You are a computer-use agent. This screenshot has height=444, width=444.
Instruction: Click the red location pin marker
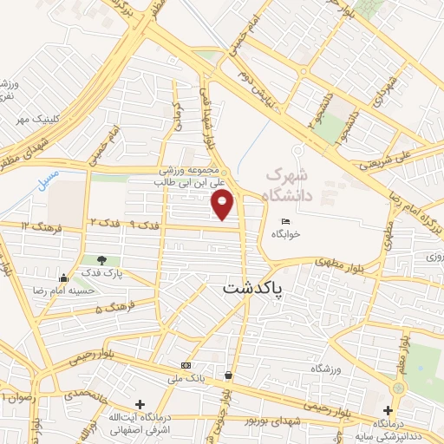[x=224, y=205]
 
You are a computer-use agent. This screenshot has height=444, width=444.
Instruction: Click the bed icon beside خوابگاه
[x=286, y=221]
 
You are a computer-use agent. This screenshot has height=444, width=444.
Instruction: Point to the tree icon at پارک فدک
[x=103, y=259]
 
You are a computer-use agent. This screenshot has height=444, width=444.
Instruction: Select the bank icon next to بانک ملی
[x=184, y=365]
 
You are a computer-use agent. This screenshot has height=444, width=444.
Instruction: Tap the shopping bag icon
[x=227, y=375]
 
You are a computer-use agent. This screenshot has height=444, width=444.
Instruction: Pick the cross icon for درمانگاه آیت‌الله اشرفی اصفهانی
[x=140, y=404]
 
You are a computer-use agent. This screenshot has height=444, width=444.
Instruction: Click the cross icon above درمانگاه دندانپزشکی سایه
[x=388, y=409]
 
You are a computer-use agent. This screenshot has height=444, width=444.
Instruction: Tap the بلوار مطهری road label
[x=312, y=261]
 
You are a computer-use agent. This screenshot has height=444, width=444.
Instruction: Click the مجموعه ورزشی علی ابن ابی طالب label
[x=189, y=178]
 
